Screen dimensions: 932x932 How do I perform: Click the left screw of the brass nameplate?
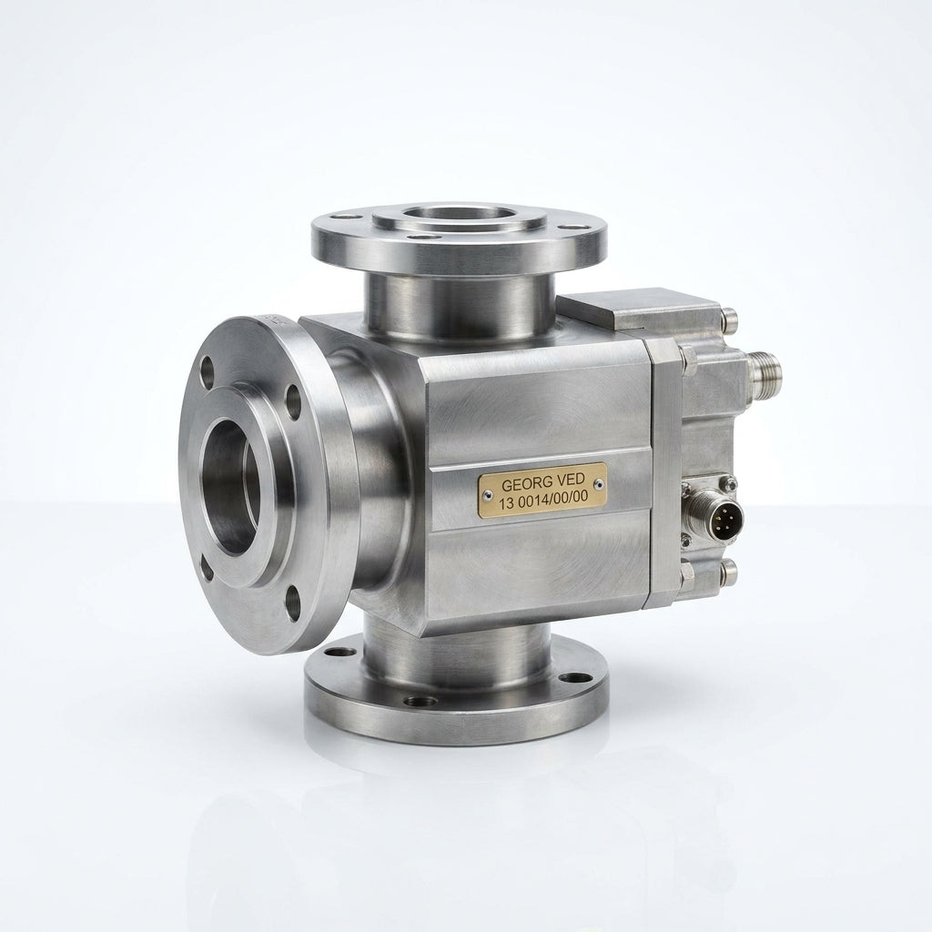(488, 493)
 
